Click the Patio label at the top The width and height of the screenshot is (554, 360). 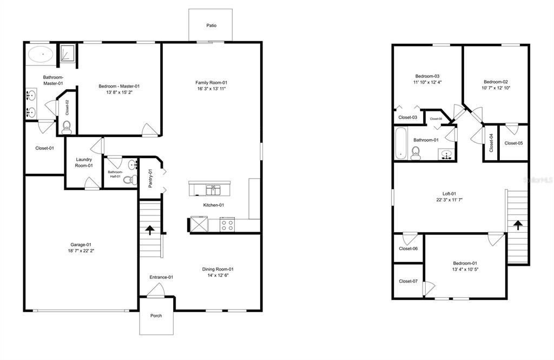point(211,25)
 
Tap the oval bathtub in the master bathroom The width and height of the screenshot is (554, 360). point(40,55)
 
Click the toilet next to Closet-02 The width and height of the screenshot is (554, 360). point(67,127)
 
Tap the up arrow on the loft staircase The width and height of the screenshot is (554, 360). point(518,224)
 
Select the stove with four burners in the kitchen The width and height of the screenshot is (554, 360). point(227,225)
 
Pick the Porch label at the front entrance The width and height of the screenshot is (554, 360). point(156,316)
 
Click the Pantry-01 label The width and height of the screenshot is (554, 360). point(151,179)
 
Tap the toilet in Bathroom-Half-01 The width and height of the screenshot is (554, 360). point(128,180)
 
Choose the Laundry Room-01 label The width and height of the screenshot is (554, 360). point(84,162)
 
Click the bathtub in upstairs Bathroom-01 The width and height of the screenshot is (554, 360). point(400,143)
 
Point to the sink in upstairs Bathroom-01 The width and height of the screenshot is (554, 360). point(446,155)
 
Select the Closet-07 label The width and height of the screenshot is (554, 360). point(408,281)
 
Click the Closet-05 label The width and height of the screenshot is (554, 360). point(513,143)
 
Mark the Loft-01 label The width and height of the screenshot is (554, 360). point(449,193)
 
